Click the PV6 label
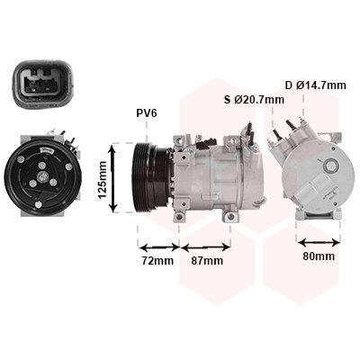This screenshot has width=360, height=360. (147, 113)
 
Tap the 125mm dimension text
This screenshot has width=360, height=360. (103, 180)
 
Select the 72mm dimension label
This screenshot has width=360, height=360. (157, 261)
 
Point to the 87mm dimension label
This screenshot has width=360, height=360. (207, 261)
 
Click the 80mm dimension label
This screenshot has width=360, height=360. (319, 256)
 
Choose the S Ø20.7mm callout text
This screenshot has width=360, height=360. (254, 100)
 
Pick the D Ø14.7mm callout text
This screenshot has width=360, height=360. (316, 85)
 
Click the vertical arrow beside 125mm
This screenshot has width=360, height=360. (113, 178)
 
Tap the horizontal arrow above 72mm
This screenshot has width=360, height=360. (159, 247)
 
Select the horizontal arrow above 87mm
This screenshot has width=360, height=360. (206, 247)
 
